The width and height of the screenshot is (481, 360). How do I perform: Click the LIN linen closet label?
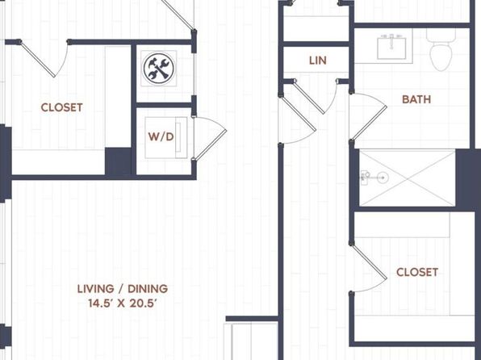(317, 61)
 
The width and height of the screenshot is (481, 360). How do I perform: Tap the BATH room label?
(416, 99)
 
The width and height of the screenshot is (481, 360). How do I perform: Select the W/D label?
(161, 137)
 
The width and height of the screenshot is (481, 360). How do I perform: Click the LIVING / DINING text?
(123, 289)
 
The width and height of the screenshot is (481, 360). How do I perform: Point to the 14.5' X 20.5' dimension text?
(123, 303)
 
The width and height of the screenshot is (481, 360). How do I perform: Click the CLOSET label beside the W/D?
(61, 107)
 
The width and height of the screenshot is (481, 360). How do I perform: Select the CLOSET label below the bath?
(417, 272)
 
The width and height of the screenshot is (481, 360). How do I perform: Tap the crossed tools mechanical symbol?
(159, 68)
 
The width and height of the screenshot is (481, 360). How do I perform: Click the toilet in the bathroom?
(441, 50)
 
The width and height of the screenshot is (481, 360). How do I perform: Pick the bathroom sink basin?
(391, 47)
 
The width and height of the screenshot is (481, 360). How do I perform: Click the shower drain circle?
(383, 178)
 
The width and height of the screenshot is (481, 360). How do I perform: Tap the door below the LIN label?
(309, 97)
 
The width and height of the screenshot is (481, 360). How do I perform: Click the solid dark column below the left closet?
(118, 161)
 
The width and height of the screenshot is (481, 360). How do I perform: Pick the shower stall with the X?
(407, 178)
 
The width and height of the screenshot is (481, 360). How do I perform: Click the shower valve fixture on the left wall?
(365, 178)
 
